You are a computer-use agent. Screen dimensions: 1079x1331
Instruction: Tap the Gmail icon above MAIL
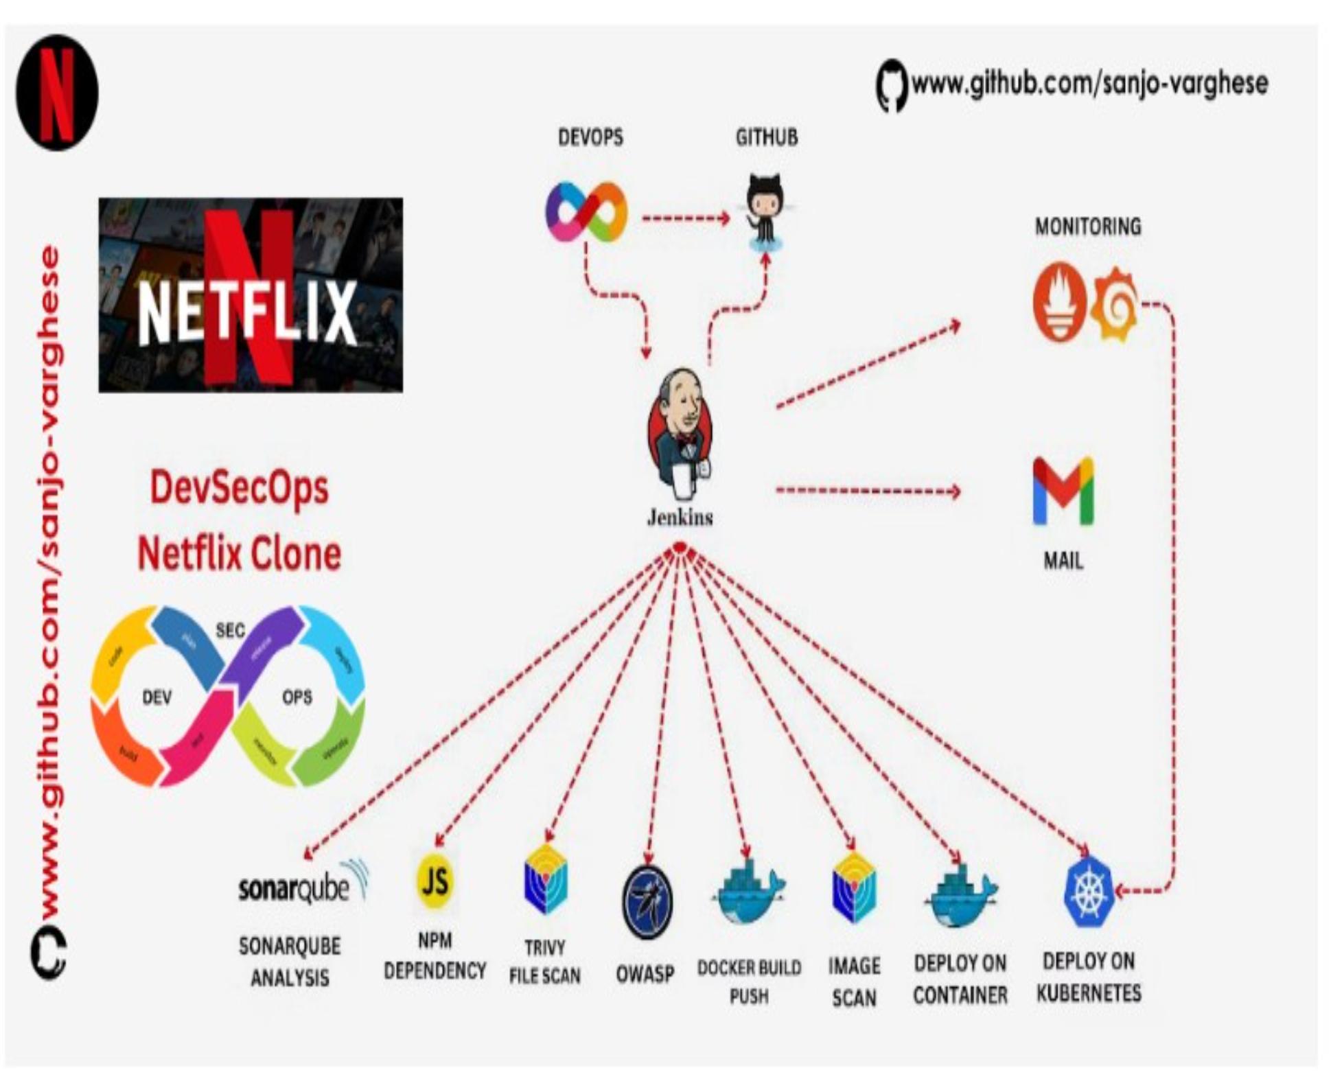pos(1063,491)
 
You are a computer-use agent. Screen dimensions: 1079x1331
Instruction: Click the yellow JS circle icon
pos(435,881)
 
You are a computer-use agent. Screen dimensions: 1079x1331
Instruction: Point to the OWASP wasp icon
pos(647,901)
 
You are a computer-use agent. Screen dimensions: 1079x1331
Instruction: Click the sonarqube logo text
pos(294,888)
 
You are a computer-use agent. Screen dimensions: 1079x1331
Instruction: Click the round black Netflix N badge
pos(57,93)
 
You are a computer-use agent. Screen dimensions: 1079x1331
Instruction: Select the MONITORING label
pos(1088,227)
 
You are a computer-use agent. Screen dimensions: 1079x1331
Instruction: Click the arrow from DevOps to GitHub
pos(685,219)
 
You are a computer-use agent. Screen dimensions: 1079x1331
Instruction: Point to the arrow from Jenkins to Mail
pos(868,491)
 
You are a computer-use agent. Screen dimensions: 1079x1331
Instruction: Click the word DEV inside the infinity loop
pos(157,697)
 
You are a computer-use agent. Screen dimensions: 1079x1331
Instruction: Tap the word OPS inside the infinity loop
pos(297,697)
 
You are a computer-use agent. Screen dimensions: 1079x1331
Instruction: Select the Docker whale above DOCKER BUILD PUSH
pos(749,892)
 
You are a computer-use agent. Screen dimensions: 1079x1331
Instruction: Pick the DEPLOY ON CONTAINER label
pos(960,979)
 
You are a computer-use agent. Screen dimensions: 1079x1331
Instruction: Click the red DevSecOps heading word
pos(239,489)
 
